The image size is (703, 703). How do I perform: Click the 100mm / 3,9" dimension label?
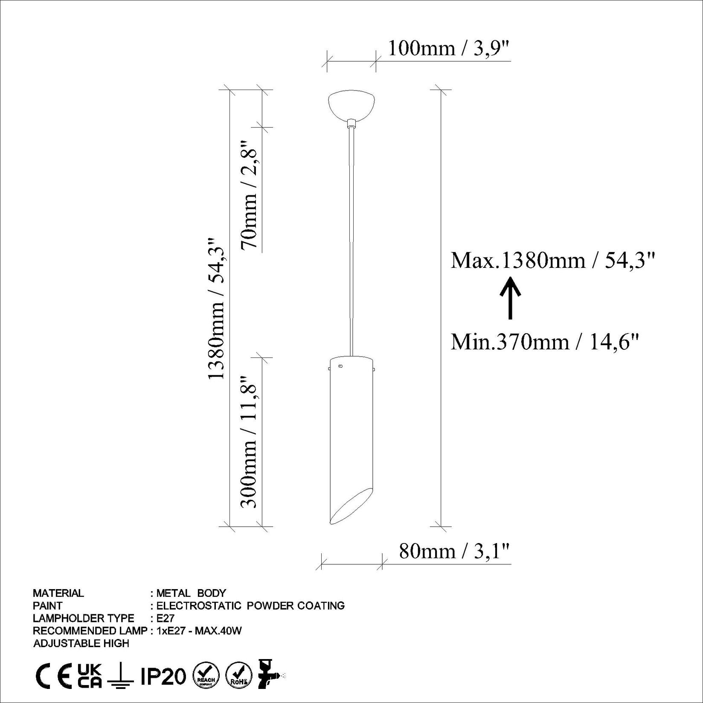(x=449, y=49)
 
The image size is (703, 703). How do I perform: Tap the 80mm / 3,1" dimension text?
(x=454, y=551)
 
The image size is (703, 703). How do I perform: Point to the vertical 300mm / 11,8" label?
(x=250, y=442)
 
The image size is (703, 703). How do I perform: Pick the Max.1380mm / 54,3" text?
(x=552, y=260)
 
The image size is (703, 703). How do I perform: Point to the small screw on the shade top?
(x=340, y=366)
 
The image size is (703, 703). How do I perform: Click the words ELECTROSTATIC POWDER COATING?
(x=250, y=605)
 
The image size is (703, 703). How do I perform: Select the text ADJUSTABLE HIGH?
(x=81, y=643)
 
